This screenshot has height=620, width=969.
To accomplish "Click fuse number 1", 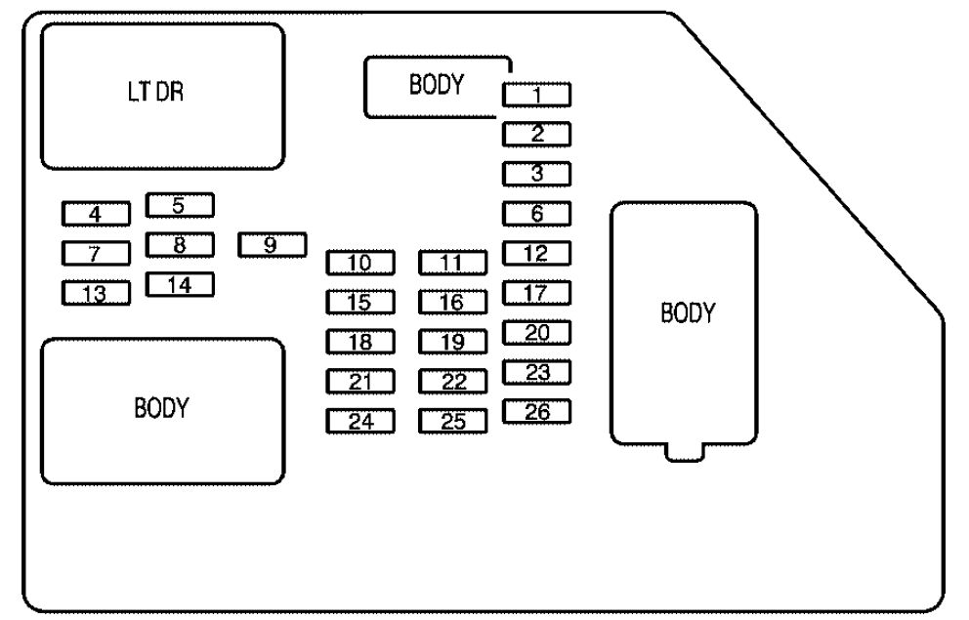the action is click(x=536, y=95).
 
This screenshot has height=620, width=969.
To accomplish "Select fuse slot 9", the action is click(x=272, y=245).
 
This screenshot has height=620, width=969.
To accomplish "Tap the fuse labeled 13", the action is click(x=96, y=293).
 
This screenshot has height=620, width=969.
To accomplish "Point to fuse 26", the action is click(x=536, y=411).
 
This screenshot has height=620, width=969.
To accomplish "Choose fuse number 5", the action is click(x=180, y=205).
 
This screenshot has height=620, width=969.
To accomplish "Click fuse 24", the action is click(x=360, y=421).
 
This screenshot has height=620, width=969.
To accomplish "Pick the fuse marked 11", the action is click(x=453, y=263).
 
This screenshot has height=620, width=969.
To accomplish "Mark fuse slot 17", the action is click(x=536, y=293).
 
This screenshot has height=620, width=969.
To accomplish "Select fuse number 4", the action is click(x=96, y=214).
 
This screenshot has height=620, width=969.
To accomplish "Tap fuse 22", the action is click(x=453, y=382).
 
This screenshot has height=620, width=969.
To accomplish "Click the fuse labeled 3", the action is click(x=536, y=174).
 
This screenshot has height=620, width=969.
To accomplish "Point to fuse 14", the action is click(x=180, y=285).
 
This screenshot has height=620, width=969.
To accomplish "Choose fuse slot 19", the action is click(x=453, y=342).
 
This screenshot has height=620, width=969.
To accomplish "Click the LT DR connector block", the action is click(x=162, y=97).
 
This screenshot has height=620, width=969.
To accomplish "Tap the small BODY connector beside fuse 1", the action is click(x=438, y=87).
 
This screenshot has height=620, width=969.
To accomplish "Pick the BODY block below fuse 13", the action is click(x=162, y=411).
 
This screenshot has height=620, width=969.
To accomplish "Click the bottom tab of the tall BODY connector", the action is click(x=685, y=453).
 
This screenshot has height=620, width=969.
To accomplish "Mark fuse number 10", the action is click(x=360, y=263).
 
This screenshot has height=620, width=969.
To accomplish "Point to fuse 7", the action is click(x=96, y=253).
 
